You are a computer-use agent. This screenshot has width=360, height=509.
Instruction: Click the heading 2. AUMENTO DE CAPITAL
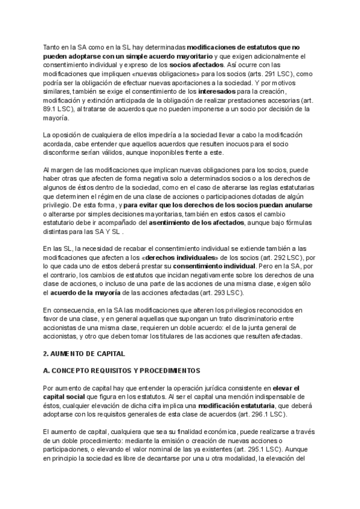(84, 354)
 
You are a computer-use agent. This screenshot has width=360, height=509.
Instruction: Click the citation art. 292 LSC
(264, 257)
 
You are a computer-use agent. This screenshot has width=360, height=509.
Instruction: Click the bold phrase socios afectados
(196, 64)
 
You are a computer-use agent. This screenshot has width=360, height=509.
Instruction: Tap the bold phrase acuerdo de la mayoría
(86, 293)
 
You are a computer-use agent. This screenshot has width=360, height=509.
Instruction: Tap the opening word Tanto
(53, 46)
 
